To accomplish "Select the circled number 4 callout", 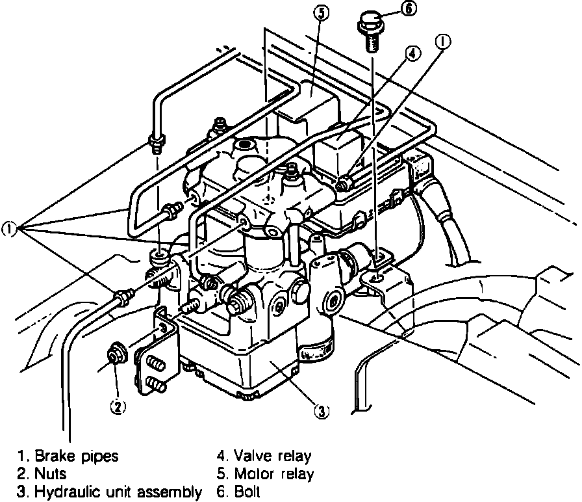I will point(412,54).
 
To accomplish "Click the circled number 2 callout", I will point(117,406).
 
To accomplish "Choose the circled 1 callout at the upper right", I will point(443,42).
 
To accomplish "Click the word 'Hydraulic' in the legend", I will point(64,492).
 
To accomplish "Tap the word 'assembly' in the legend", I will point(174,492).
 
